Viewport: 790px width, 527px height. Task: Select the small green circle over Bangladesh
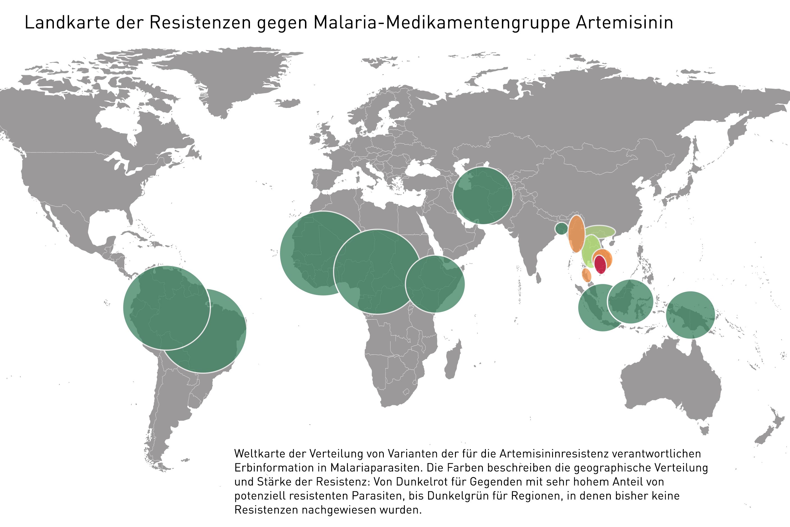561,228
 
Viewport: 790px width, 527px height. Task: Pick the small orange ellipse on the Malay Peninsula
587,275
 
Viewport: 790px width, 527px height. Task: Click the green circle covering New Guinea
690,315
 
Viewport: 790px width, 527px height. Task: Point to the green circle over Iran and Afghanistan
483,196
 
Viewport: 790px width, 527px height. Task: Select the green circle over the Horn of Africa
435,284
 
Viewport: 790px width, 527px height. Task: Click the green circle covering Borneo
630,301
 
